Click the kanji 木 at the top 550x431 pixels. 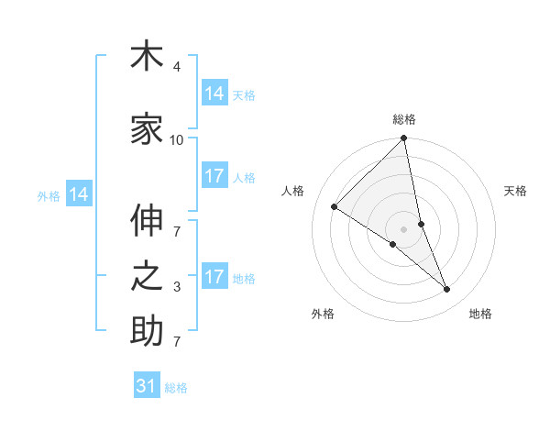click(x=147, y=57)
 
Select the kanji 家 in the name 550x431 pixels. click(x=147, y=130)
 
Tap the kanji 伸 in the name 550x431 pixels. click(x=147, y=221)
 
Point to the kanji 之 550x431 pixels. click(x=147, y=277)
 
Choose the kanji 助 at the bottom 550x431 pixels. click(x=147, y=332)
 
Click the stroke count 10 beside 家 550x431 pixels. click(x=177, y=139)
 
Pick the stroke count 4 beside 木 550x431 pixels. click(x=177, y=67)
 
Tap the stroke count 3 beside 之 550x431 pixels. click(x=177, y=287)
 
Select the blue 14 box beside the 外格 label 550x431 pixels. click(x=80, y=194)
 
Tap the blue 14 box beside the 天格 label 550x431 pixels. click(x=214, y=94)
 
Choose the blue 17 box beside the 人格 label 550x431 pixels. click(x=214, y=176)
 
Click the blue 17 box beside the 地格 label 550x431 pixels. click(x=214, y=277)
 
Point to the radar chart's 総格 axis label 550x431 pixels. click(x=404, y=119)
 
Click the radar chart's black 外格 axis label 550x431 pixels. click(x=323, y=314)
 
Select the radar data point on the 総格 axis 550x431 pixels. click(x=404, y=139)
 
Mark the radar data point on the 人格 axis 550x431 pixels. click(x=335, y=207)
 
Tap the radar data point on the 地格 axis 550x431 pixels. click(x=447, y=290)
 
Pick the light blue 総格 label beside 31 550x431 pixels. click(x=177, y=388)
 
